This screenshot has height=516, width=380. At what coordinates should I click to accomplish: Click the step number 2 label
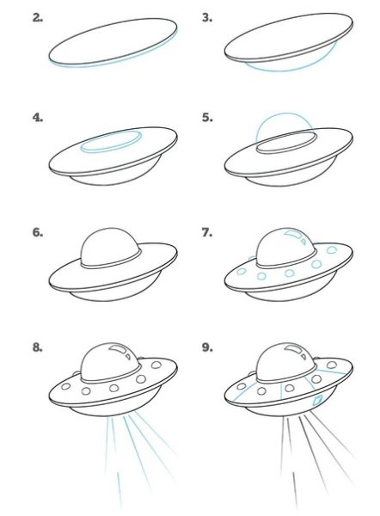pyautogui.click(x=38, y=18)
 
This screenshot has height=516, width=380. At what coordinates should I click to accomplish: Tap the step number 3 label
pyautogui.click(x=207, y=18)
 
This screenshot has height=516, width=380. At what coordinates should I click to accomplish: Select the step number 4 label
pyautogui.click(x=38, y=118)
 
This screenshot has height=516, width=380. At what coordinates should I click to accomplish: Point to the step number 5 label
pyautogui.click(x=207, y=118)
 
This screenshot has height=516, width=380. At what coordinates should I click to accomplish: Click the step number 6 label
pyautogui.click(x=38, y=233)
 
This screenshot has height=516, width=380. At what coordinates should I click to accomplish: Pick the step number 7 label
pyautogui.click(x=207, y=233)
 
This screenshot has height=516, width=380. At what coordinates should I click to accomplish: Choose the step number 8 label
pyautogui.click(x=38, y=347)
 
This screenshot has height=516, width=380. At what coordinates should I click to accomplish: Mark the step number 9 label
pyautogui.click(x=207, y=347)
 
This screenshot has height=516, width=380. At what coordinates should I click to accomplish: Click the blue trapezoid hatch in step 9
pyautogui.click(x=317, y=400)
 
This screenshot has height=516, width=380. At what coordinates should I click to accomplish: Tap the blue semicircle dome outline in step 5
pyautogui.click(x=285, y=114)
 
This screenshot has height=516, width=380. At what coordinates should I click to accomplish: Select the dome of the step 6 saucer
pyautogui.click(x=111, y=247)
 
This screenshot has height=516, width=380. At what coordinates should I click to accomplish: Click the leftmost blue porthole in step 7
pyautogui.click(x=242, y=272)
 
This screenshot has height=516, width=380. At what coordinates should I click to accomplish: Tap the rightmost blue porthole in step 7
pyautogui.click(x=331, y=249)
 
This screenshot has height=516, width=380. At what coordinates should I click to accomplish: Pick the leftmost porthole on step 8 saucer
pyautogui.click(x=66, y=386)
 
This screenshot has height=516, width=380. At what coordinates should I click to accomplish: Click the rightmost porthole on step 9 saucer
pyautogui.click(x=332, y=365)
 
